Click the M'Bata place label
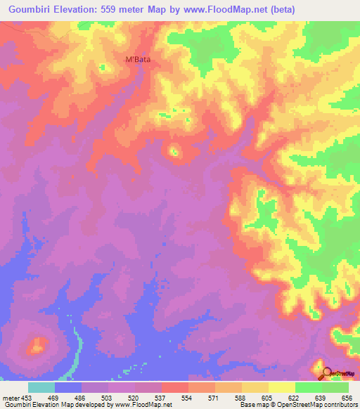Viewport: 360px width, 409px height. pyautogui.click(x=138, y=60)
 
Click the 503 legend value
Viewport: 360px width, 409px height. pyautogui.click(x=103, y=398)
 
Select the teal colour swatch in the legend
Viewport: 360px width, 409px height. pyautogui.click(x=41, y=387)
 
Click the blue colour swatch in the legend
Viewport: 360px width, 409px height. pyautogui.click(x=68, y=387)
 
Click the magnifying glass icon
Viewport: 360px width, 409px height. pyautogui.click(x=326, y=373)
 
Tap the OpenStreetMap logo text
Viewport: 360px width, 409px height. pyautogui.click(x=344, y=375)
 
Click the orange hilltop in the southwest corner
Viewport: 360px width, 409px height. pyautogui.click(x=37, y=345)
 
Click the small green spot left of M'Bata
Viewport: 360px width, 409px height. pyautogui.click(x=103, y=67)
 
